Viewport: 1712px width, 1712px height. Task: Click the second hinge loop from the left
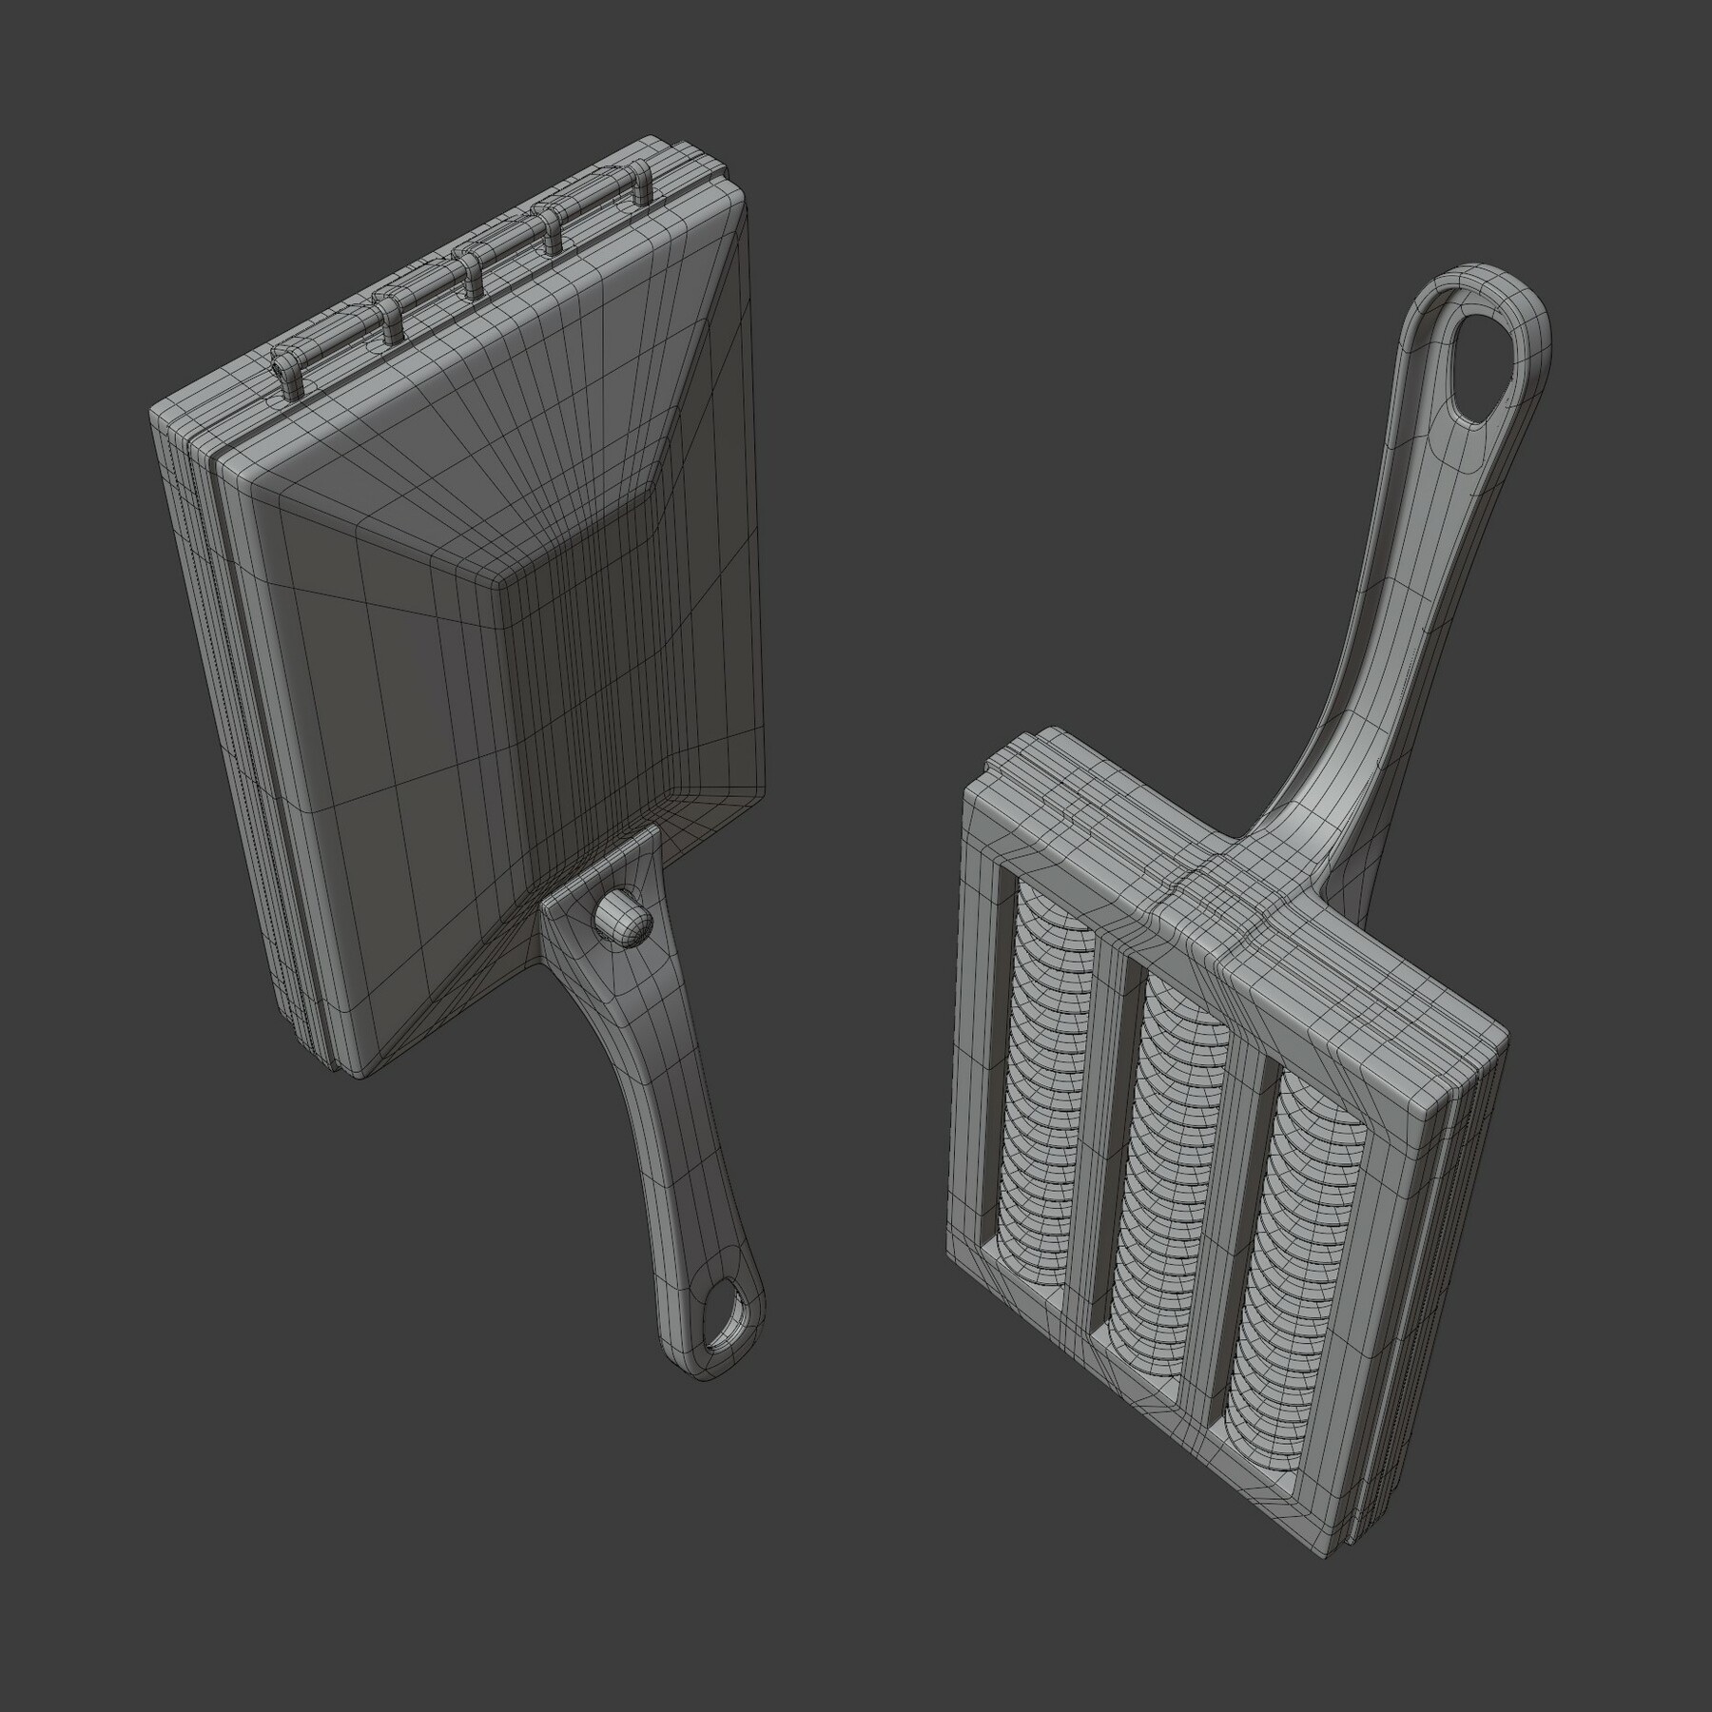click(x=390, y=319)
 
